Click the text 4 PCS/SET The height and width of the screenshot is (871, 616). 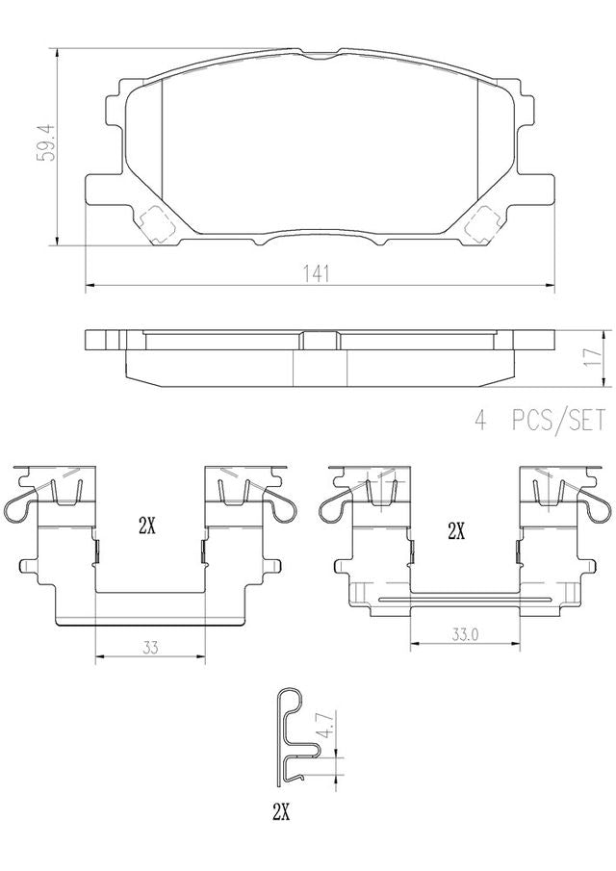click(x=539, y=420)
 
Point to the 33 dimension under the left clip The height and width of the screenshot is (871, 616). click(x=150, y=647)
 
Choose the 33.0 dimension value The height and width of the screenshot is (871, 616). click(x=465, y=634)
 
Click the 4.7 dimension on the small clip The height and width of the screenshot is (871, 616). click(x=328, y=725)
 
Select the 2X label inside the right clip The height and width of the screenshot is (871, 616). click(x=456, y=532)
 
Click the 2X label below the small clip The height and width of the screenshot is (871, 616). click(x=281, y=813)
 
